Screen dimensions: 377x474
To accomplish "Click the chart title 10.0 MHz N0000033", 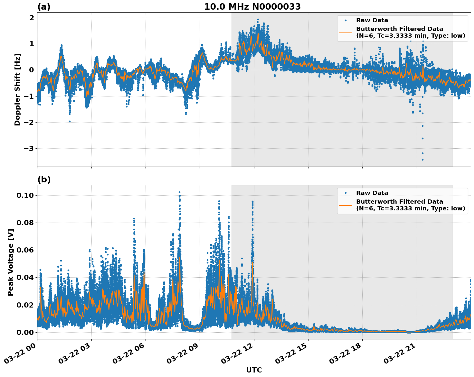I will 252,7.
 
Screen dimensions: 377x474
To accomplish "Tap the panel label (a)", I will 44,7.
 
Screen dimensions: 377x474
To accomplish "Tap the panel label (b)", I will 44,179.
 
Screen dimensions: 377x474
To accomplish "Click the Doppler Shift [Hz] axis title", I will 17,89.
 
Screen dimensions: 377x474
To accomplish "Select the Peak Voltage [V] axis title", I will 11,262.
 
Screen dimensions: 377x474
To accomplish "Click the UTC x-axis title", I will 254,370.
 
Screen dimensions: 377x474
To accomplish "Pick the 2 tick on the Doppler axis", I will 32,18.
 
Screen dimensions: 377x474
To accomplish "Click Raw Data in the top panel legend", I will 372,20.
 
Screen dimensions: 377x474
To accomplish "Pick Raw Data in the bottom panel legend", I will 372,193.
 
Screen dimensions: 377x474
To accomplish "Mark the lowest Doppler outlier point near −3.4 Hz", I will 422,160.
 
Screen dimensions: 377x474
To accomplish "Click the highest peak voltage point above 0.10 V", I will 179,192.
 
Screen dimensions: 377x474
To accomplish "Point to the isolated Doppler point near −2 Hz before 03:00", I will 70,121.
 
